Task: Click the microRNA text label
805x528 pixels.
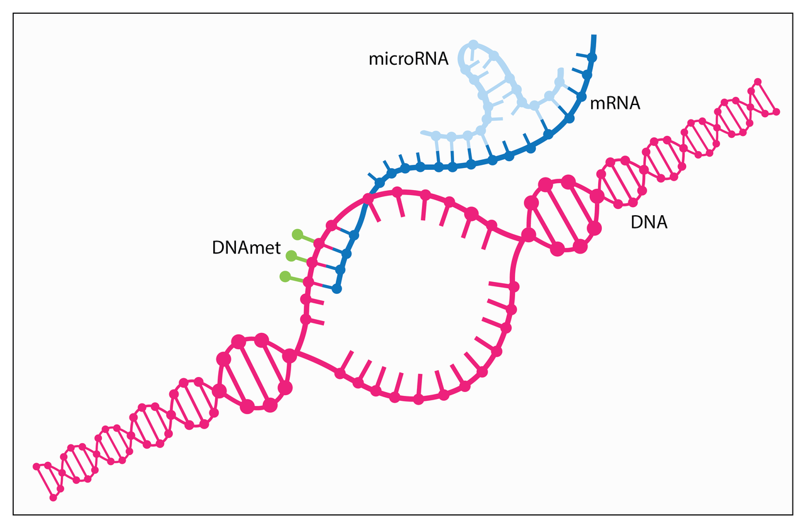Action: tap(408, 59)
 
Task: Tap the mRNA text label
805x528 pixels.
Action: tap(615, 103)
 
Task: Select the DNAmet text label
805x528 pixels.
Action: tap(246, 248)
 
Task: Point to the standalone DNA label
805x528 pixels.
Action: tap(649, 222)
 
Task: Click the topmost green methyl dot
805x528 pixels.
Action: tap(297, 235)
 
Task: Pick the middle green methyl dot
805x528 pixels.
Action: tap(291, 256)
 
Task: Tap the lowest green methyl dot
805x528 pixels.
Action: tap(285, 277)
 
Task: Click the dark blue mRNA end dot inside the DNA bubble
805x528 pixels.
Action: tap(336, 288)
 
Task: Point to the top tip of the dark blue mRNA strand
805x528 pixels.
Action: tap(594, 36)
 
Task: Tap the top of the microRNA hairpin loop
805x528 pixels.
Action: tap(474, 44)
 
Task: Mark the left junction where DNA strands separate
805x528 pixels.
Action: tap(290, 356)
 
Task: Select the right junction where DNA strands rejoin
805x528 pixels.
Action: tap(529, 235)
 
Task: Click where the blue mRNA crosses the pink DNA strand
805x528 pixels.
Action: tap(367, 199)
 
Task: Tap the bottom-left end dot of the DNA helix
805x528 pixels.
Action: tap(53, 497)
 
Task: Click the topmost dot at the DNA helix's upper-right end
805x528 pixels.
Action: tap(758, 82)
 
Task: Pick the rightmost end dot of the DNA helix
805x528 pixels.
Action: tap(776, 112)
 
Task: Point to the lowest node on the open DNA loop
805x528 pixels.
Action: tap(418, 399)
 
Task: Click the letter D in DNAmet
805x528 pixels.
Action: tap(218, 248)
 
